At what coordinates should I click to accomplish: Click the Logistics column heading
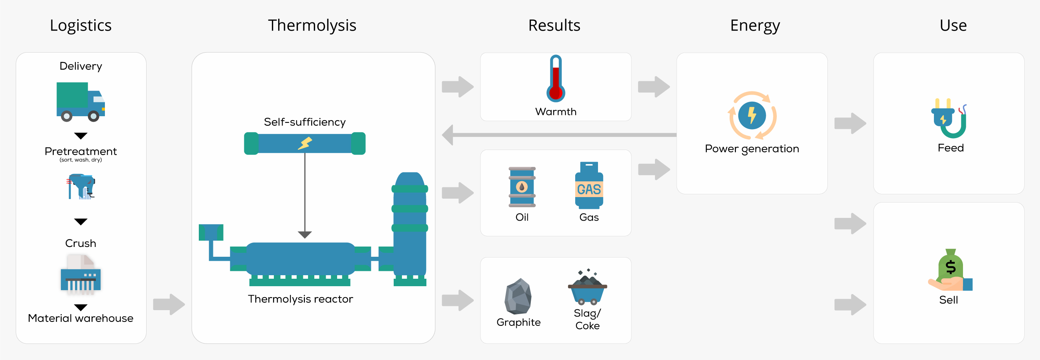(x=81, y=26)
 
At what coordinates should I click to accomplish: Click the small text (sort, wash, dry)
(x=81, y=160)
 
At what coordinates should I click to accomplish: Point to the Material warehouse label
(x=81, y=318)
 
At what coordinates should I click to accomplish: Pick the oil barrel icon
(x=522, y=187)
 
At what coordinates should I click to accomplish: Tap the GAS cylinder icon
(x=589, y=186)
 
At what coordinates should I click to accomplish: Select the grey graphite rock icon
(x=518, y=296)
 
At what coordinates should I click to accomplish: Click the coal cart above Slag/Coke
(x=587, y=288)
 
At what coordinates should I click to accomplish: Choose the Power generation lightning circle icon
(x=752, y=115)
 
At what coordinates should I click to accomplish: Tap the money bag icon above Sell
(x=950, y=270)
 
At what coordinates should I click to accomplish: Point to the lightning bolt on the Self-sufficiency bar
(x=305, y=143)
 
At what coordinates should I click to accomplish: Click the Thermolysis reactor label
(x=301, y=299)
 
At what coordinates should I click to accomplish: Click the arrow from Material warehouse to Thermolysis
(x=169, y=304)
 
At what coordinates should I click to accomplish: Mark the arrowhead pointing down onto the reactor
(x=305, y=234)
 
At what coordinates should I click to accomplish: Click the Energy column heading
(x=755, y=26)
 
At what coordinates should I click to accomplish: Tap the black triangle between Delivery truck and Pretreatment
(x=81, y=136)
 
